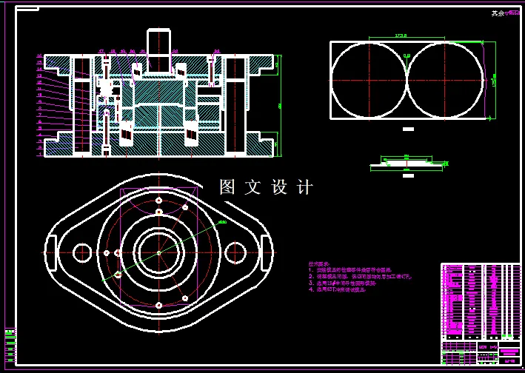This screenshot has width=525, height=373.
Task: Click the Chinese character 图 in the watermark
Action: click(x=227, y=188)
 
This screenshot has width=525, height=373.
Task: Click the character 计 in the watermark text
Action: click(x=305, y=188)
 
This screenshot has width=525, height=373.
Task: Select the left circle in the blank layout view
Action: click(x=368, y=79)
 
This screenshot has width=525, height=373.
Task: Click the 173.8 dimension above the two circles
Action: click(x=402, y=36)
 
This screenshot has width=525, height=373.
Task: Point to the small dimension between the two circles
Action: click(x=406, y=56)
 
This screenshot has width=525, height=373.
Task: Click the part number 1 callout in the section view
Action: click(x=39, y=155)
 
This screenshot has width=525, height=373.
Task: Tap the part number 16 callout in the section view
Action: click(x=39, y=56)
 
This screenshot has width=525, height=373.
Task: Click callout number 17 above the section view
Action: click(x=101, y=51)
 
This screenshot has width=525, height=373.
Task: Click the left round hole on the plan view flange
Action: click(x=81, y=250)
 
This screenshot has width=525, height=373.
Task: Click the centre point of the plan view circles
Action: click(x=159, y=252)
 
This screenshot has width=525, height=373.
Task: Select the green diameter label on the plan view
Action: click(x=221, y=222)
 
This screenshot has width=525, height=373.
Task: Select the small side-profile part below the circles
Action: click(x=406, y=162)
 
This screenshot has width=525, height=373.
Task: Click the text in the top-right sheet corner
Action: click(x=505, y=13)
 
